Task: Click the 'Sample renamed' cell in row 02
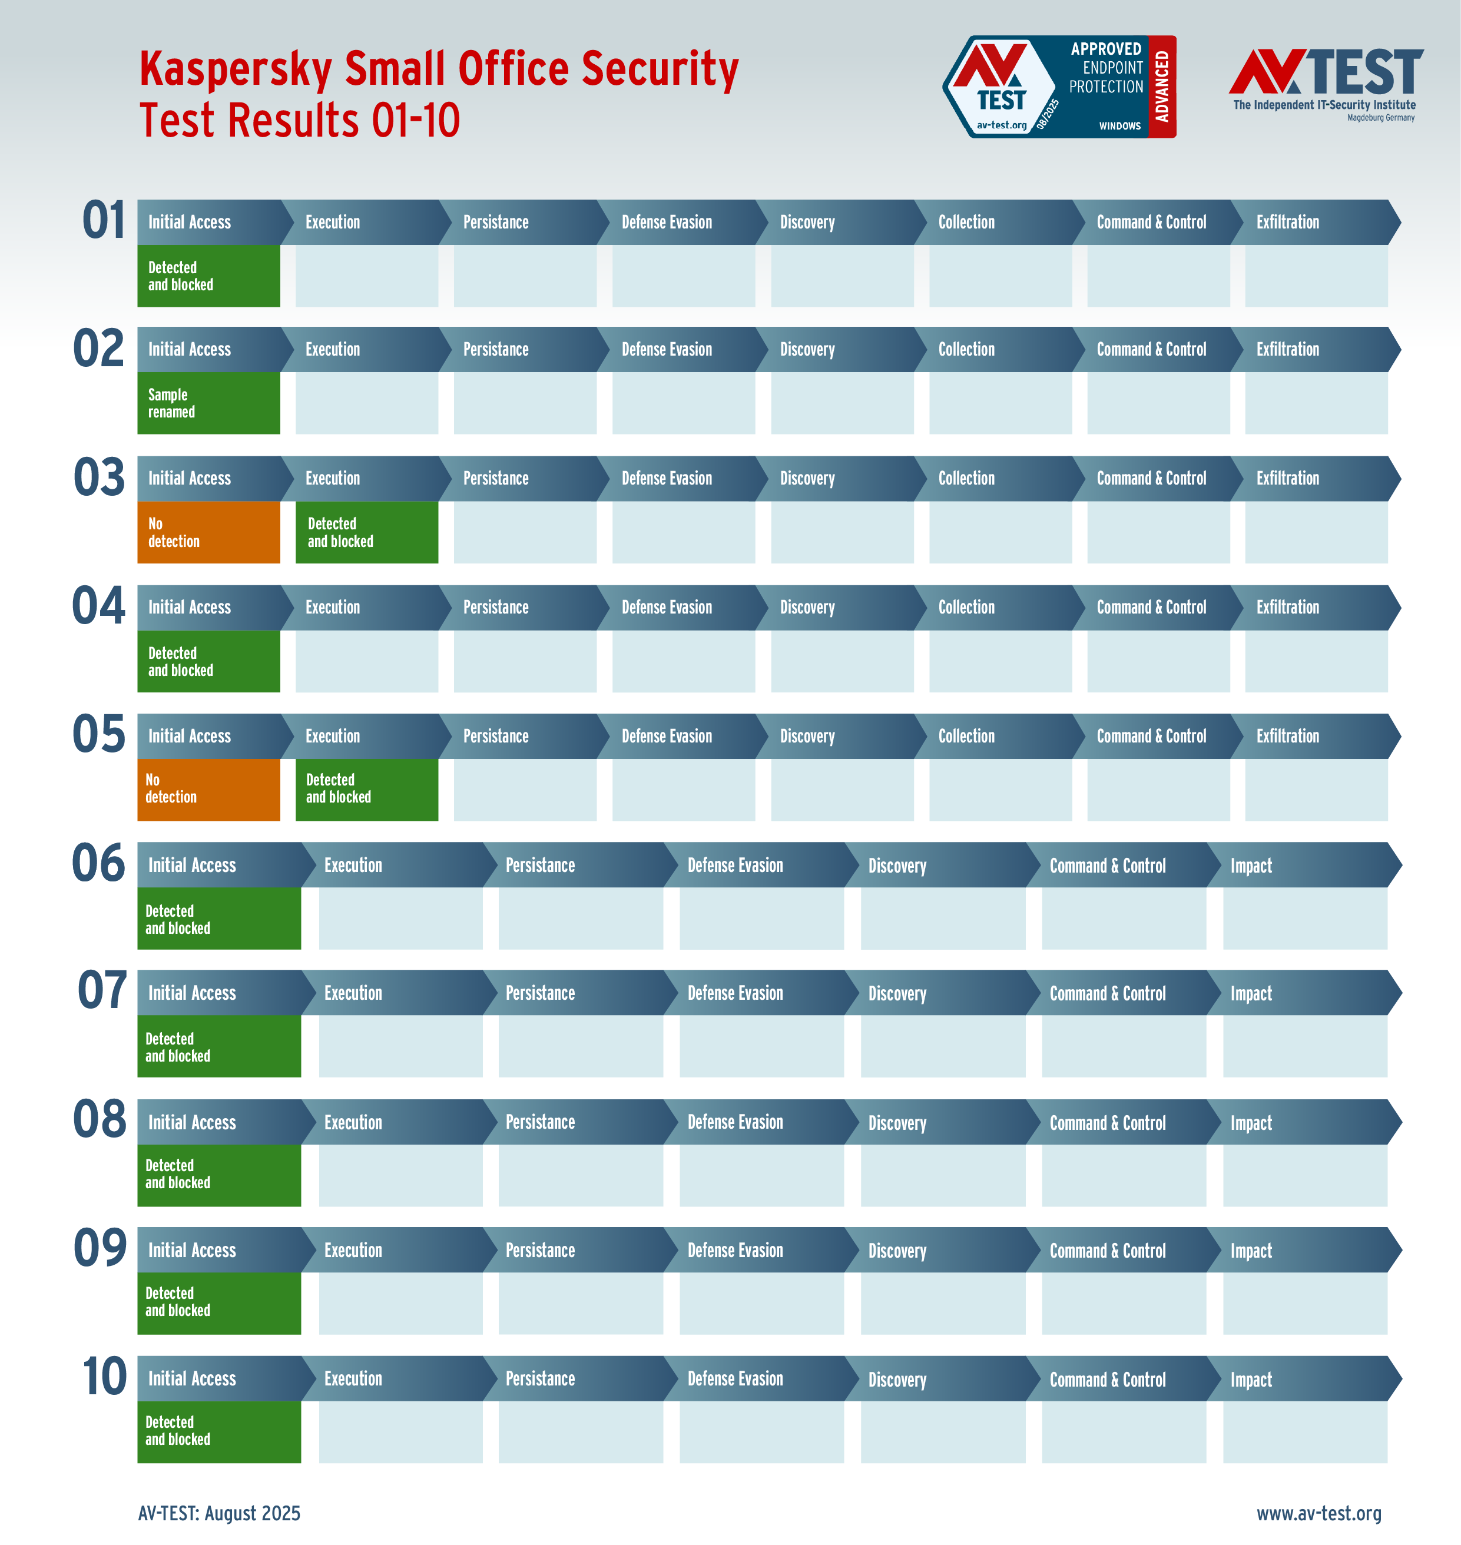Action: point(208,403)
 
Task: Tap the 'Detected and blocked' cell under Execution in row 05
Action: point(366,789)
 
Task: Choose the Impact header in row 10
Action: point(1251,1379)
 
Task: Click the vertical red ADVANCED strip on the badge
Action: point(1161,87)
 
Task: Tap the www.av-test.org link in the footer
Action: point(1318,1513)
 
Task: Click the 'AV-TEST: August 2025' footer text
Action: point(219,1513)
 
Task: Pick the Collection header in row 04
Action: point(966,608)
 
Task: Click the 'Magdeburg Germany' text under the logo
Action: point(1381,118)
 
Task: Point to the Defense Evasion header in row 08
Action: point(734,1122)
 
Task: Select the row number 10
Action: point(104,1377)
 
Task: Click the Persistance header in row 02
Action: point(495,350)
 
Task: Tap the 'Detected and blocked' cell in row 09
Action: point(219,1303)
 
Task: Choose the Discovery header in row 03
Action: point(807,478)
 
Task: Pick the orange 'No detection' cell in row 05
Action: point(208,789)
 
